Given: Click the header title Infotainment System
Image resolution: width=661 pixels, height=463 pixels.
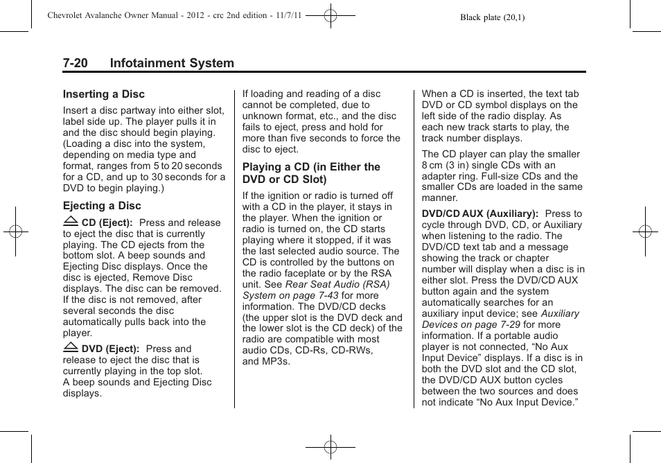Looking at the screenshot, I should (x=171, y=63).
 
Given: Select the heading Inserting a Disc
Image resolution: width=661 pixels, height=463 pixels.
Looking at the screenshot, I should (x=104, y=94).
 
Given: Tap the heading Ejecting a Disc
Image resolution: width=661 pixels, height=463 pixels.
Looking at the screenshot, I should (x=102, y=206).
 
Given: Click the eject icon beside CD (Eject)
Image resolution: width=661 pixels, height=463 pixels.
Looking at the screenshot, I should (x=70, y=222).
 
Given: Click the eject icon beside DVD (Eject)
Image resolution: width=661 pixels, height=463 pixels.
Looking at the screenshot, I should (x=70, y=348).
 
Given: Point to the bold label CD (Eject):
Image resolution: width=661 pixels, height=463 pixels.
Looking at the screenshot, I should (x=107, y=222).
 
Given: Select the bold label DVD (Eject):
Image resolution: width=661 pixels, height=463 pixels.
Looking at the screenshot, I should (x=110, y=349).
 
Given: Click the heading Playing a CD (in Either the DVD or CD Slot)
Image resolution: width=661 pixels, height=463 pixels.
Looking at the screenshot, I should (x=311, y=173).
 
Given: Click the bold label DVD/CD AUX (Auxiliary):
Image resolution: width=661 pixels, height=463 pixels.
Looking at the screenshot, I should (x=480, y=214).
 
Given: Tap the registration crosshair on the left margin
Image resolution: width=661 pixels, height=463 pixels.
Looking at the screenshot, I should (x=15, y=232).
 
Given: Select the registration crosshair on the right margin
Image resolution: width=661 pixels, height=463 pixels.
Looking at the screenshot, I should (x=645, y=232).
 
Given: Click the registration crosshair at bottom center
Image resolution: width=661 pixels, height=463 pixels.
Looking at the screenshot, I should (x=330, y=448).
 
